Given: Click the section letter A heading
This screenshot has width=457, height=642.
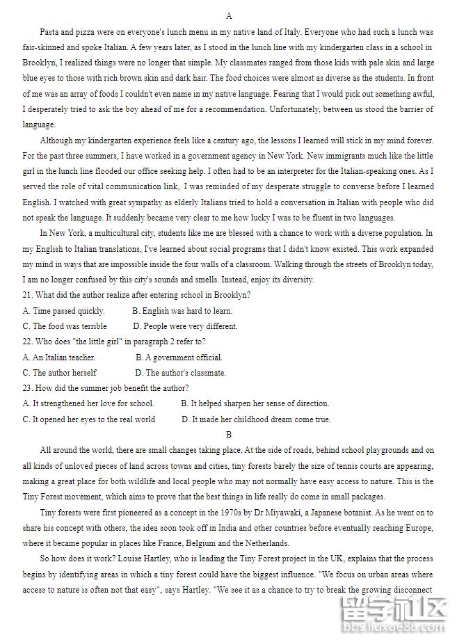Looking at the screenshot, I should click(x=229, y=16).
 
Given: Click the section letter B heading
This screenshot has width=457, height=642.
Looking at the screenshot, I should click(x=229, y=435).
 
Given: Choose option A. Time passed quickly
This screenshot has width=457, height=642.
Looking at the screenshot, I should click(x=63, y=311).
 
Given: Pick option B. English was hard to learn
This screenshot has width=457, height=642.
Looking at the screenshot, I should click(x=182, y=311).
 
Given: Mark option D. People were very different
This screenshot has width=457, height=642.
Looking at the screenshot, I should click(x=185, y=326).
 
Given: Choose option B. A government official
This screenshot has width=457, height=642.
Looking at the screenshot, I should click(x=179, y=358).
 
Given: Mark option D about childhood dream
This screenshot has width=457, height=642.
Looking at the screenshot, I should click(x=256, y=419).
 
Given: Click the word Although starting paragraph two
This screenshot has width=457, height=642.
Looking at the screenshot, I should click(x=56, y=140).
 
